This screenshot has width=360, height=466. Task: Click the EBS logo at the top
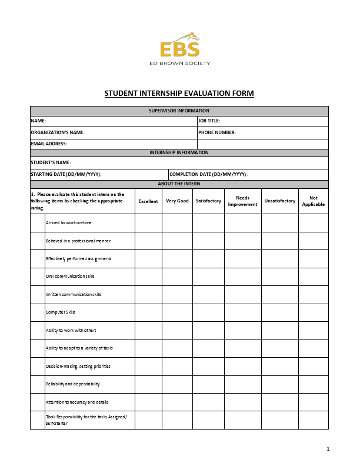pyautogui.click(x=179, y=48)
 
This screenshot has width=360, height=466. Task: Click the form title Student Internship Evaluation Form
pyautogui.click(x=179, y=94)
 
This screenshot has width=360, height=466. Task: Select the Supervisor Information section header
pyautogui.click(x=179, y=111)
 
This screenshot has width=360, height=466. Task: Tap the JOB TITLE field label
pyautogui.click(x=209, y=121)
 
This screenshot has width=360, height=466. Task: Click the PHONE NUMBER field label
pyautogui.click(x=216, y=132)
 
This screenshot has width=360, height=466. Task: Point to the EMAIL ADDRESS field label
pyautogui.click(x=49, y=144)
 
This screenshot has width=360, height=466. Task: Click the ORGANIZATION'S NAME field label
pyautogui.click(x=58, y=132)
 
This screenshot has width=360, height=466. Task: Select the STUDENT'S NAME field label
pyautogui.click(x=51, y=162)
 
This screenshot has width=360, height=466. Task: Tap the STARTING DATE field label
pyautogui.click(x=66, y=174)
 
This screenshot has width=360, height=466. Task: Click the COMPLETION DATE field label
pyautogui.click(x=208, y=174)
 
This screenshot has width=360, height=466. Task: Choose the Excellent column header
pyautogui.click(x=148, y=201)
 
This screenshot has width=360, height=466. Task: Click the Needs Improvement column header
pyautogui.click(x=242, y=201)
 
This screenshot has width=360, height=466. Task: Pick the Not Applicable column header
pyautogui.click(x=313, y=201)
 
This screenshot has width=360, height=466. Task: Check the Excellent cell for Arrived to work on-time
pyautogui.click(x=148, y=223)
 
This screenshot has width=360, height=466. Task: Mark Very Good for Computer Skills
pyautogui.click(x=177, y=312)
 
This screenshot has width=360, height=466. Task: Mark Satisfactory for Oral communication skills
pyautogui.click(x=208, y=277)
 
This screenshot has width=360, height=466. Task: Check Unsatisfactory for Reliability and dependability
pyautogui.click(x=279, y=384)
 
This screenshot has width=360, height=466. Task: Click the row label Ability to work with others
pyautogui.click(x=71, y=330)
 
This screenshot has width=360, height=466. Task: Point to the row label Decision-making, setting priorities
pyautogui.click(x=78, y=366)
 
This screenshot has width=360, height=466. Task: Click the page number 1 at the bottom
pyautogui.click(x=328, y=450)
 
